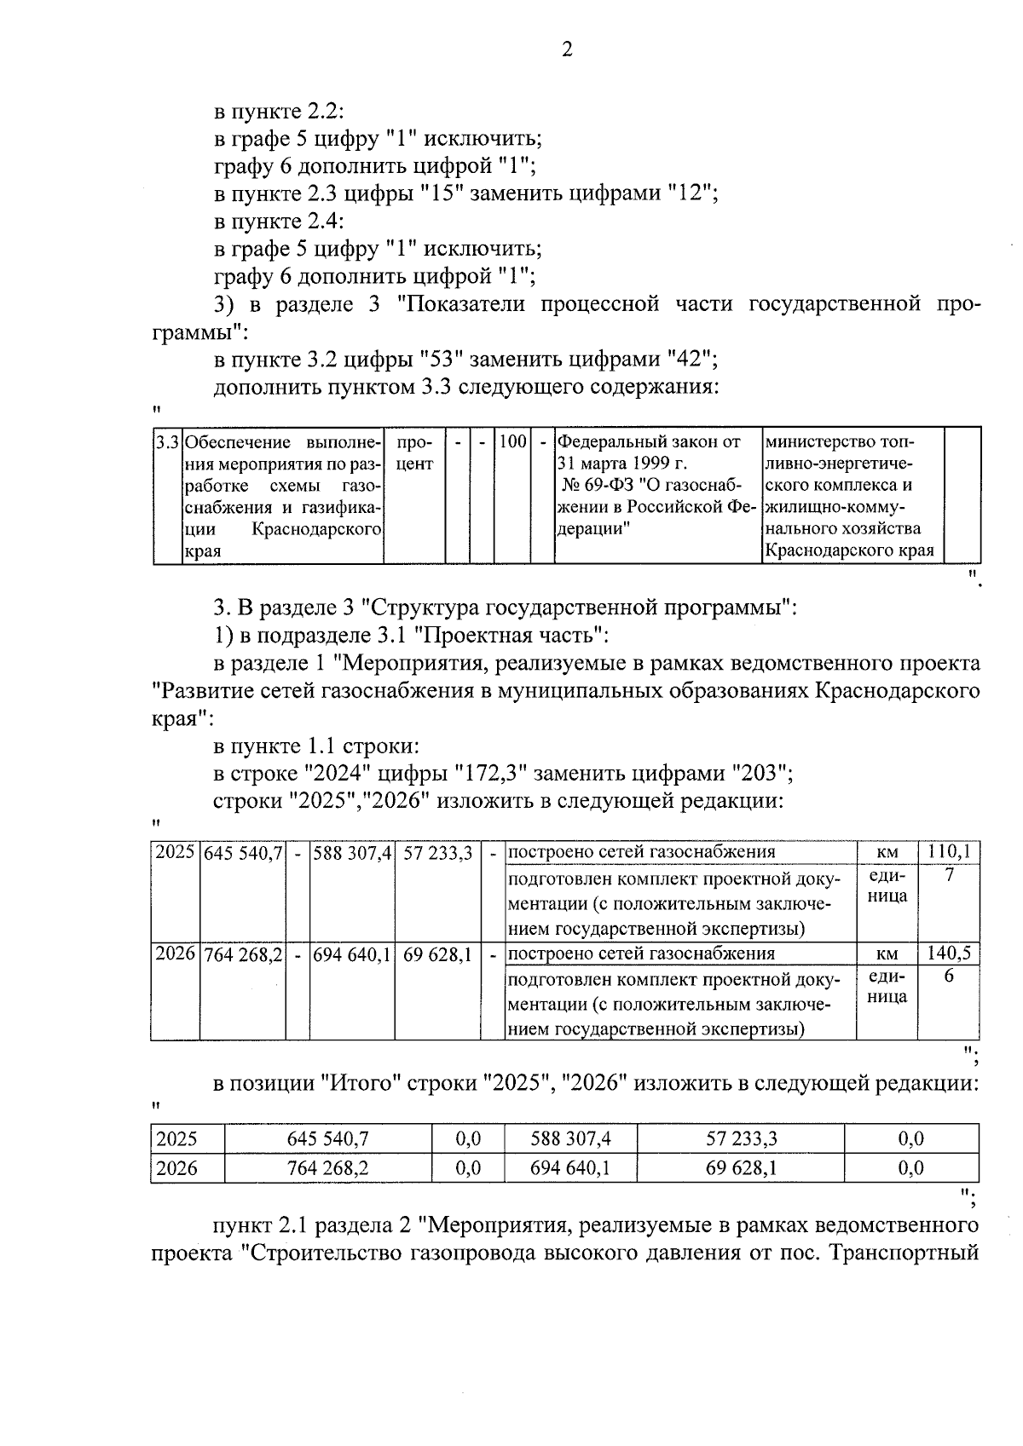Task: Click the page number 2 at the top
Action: click(567, 49)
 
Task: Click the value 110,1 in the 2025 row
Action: click(949, 851)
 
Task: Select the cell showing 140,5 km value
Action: click(949, 953)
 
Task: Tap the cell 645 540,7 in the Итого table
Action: click(327, 1138)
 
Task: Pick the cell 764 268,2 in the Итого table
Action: click(327, 1167)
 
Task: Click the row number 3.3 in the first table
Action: click(167, 443)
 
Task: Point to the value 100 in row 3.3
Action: click(512, 442)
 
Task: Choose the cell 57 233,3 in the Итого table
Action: click(740, 1138)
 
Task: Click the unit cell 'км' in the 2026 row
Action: click(887, 954)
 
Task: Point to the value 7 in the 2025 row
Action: click(949, 875)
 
